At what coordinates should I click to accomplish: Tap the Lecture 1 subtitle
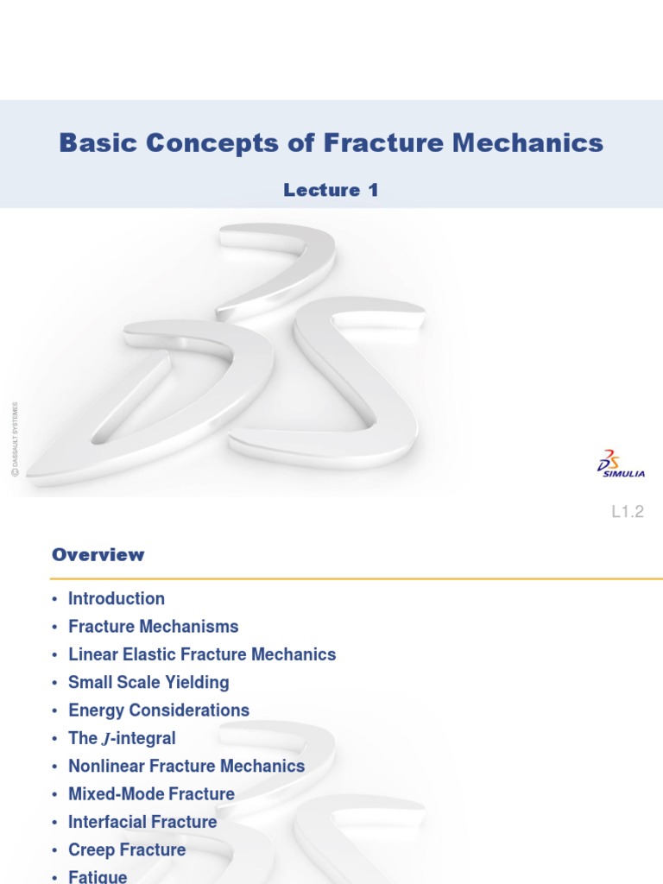point(331,191)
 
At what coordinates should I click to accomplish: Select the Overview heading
point(98,555)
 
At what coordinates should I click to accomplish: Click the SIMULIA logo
point(621,464)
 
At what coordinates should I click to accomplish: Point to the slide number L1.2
point(628,512)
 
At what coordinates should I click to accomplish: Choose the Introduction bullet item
point(117,599)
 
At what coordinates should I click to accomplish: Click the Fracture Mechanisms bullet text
point(154,627)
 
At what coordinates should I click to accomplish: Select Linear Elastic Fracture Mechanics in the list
point(202,654)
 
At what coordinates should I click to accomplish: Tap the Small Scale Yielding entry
point(148,683)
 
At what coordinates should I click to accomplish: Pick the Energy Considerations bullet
point(159,710)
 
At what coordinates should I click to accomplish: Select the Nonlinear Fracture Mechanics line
point(186,767)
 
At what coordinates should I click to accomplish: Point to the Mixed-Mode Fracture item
point(151,794)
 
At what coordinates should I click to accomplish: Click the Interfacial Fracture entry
point(142,822)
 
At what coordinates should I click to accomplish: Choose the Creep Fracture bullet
point(127,850)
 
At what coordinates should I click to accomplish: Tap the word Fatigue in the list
point(98,877)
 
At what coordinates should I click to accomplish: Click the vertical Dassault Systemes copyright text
point(15,438)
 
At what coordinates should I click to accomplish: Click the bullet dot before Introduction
point(54,600)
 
